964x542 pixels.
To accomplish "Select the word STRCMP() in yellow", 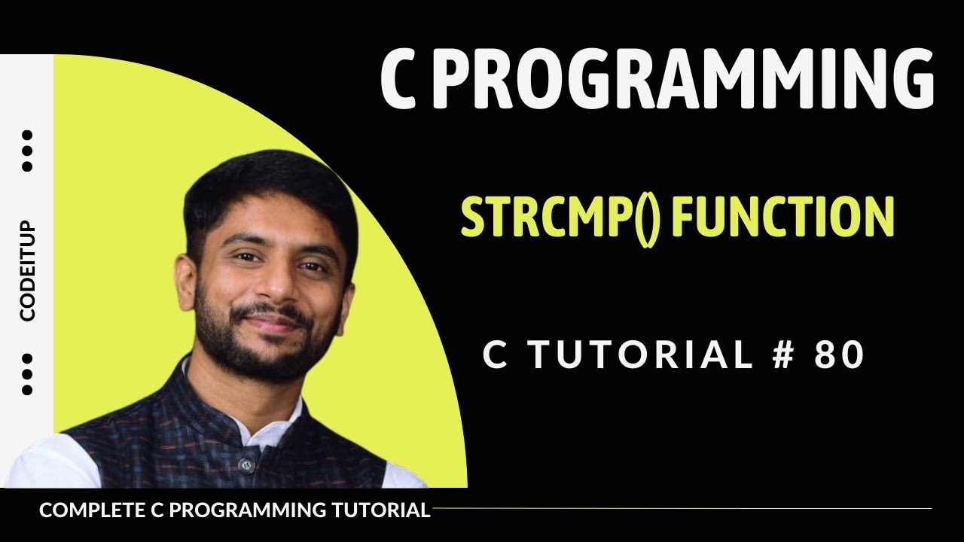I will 558,218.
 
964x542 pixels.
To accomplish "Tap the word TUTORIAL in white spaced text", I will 639,355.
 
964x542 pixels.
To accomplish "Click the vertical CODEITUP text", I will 28,272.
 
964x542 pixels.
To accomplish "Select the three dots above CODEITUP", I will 28,151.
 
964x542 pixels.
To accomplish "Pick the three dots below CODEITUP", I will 28,374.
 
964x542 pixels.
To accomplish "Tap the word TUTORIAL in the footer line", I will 380,510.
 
